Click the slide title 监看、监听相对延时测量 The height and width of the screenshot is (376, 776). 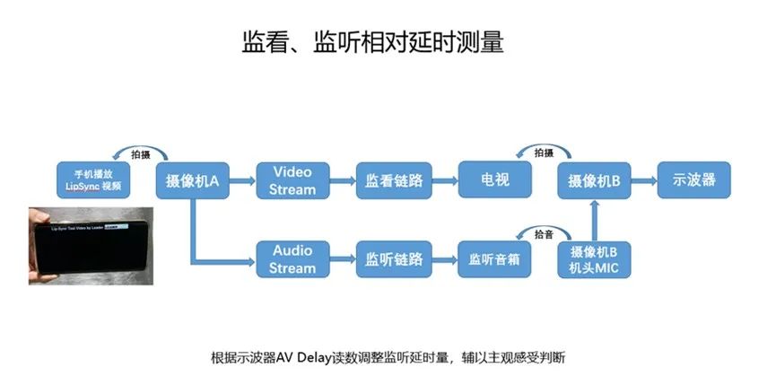(x=379, y=41)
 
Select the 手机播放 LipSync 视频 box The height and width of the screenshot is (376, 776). (x=92, y=180)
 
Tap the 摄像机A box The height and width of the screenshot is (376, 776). (x=193, y=180)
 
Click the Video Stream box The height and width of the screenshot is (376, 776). (x=292, y=180)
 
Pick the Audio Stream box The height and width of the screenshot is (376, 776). (x=292, y=259)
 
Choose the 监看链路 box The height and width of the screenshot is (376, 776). (x=393, y=180)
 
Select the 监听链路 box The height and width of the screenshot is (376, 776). (x=393, y=259)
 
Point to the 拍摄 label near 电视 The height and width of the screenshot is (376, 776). (x=545, y=153)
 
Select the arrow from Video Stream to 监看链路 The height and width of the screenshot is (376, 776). (x=342, y=180)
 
